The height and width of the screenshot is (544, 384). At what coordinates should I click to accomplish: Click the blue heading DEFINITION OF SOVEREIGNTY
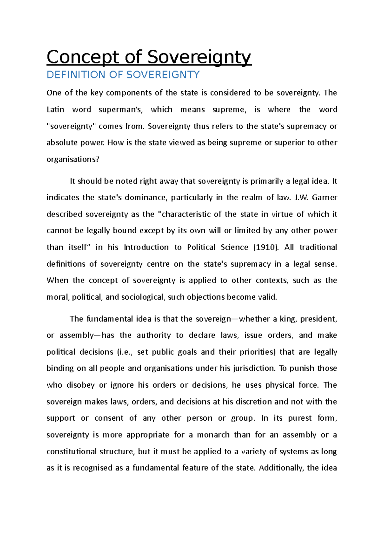123,75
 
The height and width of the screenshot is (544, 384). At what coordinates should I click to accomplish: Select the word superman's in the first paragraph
119,110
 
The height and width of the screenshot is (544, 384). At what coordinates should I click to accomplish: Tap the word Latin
55,110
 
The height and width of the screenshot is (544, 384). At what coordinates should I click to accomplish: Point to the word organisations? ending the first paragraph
73,159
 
